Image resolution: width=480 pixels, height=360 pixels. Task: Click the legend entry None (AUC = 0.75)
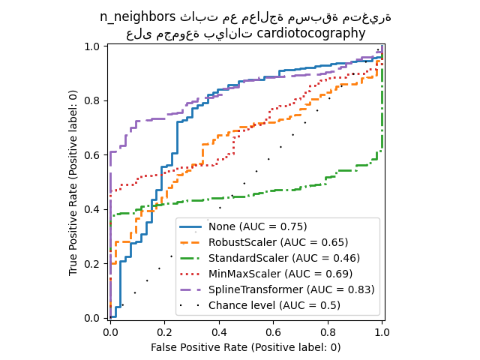(257, 226)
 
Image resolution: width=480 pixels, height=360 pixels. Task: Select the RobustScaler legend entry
(278, 242)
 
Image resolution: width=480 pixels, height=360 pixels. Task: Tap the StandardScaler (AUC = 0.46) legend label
(283, 258)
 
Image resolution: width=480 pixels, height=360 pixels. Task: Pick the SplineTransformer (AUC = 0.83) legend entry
(291, 289)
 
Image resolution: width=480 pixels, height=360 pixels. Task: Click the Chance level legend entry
(274, 305)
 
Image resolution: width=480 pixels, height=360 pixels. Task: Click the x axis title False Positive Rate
(245, 347)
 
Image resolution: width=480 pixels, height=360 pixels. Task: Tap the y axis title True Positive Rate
(73, 182)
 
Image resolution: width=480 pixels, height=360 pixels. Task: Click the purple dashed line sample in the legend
(192, 289)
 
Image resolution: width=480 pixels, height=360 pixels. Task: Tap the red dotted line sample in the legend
(192, 274)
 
